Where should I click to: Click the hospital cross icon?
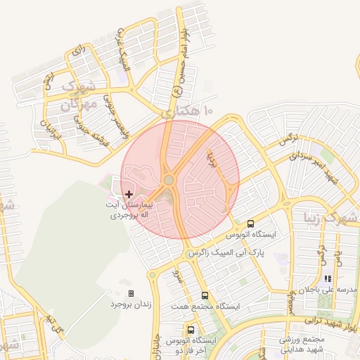point(129,193)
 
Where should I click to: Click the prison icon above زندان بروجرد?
point(131,293)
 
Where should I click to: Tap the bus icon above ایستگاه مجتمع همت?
point(205,295)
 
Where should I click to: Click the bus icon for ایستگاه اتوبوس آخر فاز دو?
point(191,330)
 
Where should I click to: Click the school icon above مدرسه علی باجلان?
point(328,278)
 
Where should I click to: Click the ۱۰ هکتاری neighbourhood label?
point(186,112)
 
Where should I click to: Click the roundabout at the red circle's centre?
point(169,181)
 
